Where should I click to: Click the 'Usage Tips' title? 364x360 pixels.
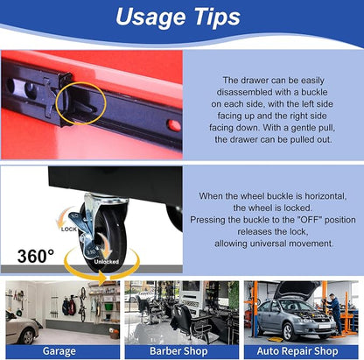178,17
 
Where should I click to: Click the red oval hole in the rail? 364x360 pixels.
174,125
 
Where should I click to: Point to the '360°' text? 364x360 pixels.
36,256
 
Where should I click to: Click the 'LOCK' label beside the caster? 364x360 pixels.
69,229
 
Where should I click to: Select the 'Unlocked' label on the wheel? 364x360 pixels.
106,262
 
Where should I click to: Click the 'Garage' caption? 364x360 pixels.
59,351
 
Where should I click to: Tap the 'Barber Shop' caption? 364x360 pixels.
178,351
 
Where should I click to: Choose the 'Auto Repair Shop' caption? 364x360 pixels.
297,351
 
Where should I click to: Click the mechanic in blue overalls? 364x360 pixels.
334,314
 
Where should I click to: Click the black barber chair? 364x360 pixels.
187,323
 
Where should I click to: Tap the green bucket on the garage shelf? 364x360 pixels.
108,307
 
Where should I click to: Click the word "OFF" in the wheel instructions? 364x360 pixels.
310,220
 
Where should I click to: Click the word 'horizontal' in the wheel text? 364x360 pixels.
325,196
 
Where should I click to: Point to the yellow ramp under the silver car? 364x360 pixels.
275,339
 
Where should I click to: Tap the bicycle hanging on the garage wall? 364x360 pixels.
83,304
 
